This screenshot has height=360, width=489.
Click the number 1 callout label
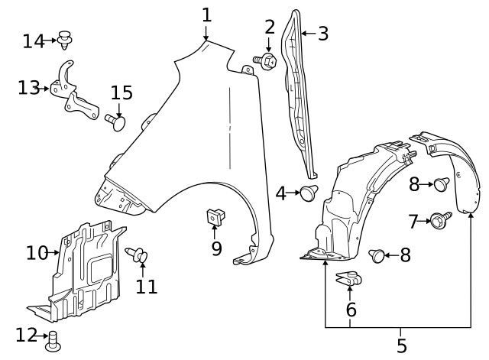click(206, 15)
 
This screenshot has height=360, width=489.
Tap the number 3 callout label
click(322, 33)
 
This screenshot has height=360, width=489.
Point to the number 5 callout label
click(402, 346)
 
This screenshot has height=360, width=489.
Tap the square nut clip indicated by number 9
click(214, 217)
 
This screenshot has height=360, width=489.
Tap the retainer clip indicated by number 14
click(66, 39)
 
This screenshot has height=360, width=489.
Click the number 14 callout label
click(33, 41)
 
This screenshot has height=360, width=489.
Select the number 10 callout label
click(36, 251)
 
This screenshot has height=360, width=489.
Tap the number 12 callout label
click(26, 334)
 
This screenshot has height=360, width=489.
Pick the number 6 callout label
click(351, 310)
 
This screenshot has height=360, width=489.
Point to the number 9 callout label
click(216, 248)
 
